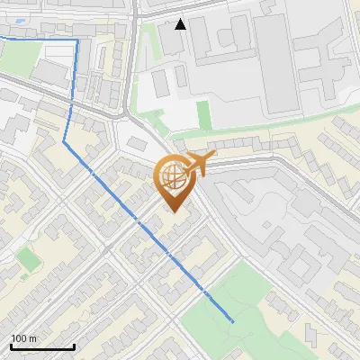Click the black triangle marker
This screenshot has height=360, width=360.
tap(181, 24)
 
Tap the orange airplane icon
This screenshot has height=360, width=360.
tap(199, 165)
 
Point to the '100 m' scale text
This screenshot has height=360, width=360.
tap(23, 338)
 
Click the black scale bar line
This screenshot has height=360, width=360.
tap(42, 346)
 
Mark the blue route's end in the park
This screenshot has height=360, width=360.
tap(233, 321)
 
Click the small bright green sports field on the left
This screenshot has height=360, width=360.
tap(29, 259)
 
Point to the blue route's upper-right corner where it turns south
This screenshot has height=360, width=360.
tap(77, 40)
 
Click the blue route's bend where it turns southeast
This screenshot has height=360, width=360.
tap(64, 142)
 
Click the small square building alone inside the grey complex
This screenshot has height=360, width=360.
tap(160, 84)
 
